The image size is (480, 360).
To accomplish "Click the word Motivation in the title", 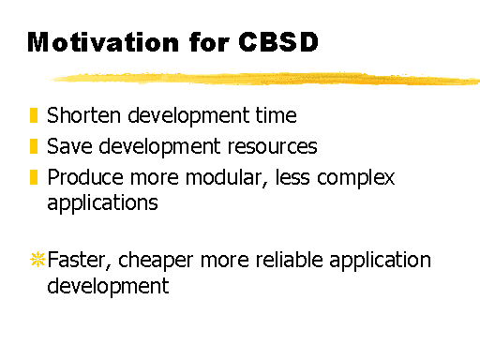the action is click(x=103, y=42).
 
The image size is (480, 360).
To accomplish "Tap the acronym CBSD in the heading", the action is click(x=278, y=41).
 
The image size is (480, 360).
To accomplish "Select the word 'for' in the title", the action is click(x=209, y=41).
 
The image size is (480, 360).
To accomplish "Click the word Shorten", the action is click(x=83, y=115).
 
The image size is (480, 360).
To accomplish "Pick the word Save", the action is click(x=69, y=146).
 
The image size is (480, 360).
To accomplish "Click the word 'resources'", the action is click(x=272, y=146).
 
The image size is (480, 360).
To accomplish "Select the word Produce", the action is click(x=85, y=177).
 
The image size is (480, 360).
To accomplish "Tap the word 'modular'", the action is click(x=227, y=178).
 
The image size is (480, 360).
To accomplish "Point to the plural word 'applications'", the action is click(x=102, y=203).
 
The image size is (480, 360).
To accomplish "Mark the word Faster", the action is click(x=80, y=260).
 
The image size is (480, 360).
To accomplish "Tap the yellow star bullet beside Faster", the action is click(x=37, y=259).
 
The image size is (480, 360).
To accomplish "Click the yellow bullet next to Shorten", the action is click(x=34, y=115).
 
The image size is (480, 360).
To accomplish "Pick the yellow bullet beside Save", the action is click(x=34, y=146).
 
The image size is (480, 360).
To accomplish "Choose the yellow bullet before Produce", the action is click(x=34, y=177).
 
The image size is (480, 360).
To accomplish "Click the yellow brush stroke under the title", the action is click(x=265, y=79).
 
